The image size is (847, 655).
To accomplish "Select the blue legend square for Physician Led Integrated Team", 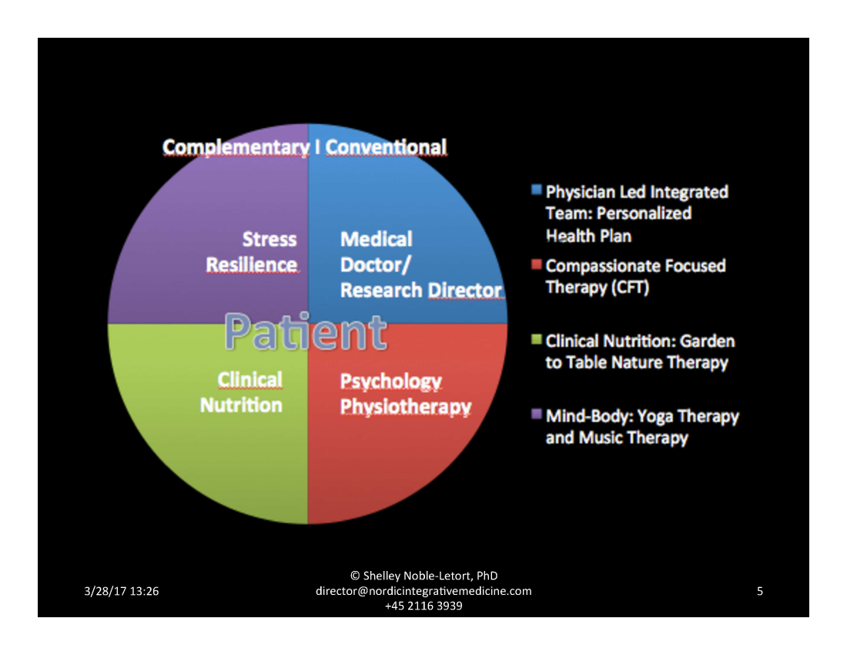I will click(536, 190).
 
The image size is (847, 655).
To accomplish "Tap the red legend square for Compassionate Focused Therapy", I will click(536, 264).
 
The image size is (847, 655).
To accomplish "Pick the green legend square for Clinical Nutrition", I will click(536, 339).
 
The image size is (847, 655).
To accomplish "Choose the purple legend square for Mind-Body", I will click(536, 415).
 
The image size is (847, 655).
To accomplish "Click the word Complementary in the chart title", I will click(236, 146).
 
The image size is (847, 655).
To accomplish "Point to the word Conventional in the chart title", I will click(386, 146).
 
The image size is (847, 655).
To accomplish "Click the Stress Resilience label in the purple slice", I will click(252, 252).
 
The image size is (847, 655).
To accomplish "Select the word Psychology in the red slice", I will click(391, 381).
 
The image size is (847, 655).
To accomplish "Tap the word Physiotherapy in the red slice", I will click(406, 406).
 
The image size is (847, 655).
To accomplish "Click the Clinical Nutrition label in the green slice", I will click(241, 392).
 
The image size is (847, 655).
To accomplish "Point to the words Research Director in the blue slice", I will click(421, 291).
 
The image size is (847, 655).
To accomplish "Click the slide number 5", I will click(760, 592).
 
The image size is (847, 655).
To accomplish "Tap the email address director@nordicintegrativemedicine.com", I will click(423, 591).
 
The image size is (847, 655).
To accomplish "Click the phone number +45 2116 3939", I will click(423, 606).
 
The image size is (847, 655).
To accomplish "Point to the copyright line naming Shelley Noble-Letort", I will click(423, 576).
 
